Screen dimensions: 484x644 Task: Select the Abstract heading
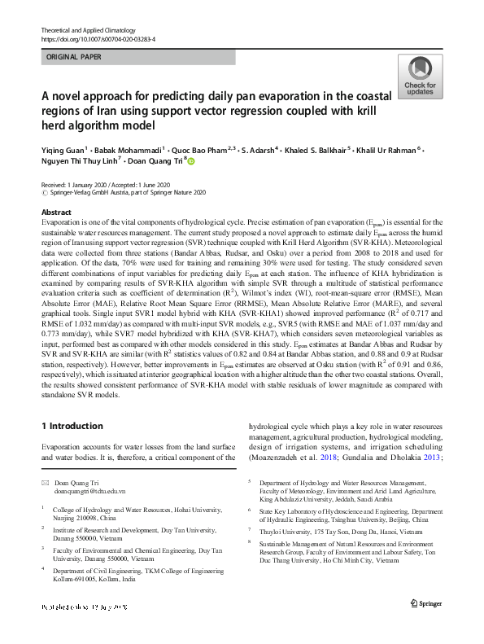click(x=56, y=212)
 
